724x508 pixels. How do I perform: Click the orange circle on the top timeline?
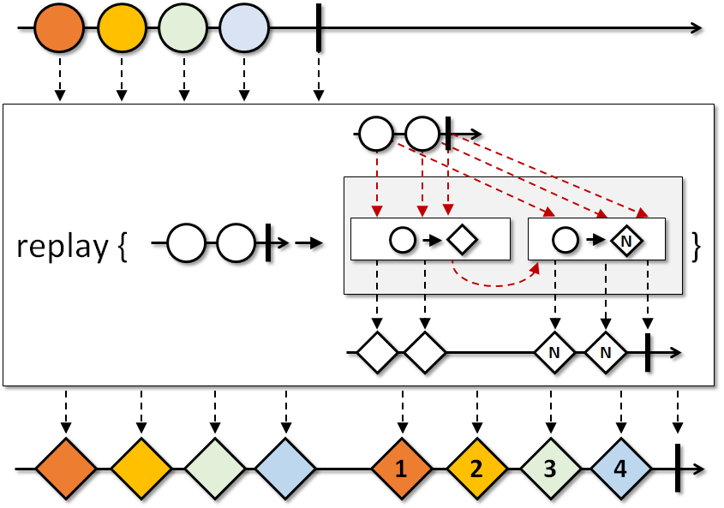(x=59, y=27)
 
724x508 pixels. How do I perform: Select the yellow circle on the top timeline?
(x=122, y=27)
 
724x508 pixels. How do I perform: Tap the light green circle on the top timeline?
(x=182, y=27)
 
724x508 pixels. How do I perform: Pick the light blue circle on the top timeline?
(x=244, y=27)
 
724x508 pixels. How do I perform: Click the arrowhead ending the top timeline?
(x=697, y=27)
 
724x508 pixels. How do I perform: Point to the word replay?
(x=63, y=247)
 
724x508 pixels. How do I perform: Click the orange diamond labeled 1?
(x=402, y=469)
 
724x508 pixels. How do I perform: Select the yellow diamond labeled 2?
(x=477, y=469)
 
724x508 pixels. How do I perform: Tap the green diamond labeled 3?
(x=550, y=469)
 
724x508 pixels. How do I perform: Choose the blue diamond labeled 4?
(x=621, y=469)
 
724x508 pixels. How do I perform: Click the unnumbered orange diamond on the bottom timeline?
(x=66, y=469)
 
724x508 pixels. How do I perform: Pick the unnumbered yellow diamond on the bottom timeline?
(x=141, y=469)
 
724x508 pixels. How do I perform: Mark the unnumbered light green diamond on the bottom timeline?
(x=215, y=469)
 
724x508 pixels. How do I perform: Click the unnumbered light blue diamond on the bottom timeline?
(x=285, y=469)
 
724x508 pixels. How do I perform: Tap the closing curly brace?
(x=697, y=247)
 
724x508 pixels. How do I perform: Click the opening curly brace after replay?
(x=123, y=247)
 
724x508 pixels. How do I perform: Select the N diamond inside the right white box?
(x=626, y=241)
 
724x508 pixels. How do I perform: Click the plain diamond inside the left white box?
(x=462, y=240)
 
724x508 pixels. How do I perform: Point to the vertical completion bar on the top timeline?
(x=319, y=27)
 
